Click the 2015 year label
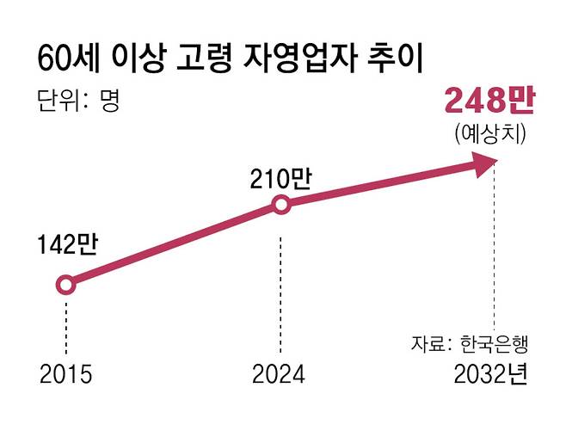coord(65,376)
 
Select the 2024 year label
coord(279,376)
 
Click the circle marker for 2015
coord(65,285)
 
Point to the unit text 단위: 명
coord(78,101)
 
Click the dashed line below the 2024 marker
coord(280,284)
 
